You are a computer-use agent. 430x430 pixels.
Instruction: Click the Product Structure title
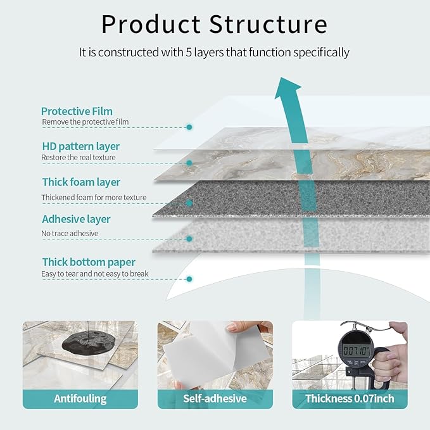[214, 24]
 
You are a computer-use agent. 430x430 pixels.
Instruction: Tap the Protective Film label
[77, 111]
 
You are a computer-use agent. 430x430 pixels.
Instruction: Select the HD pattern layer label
[80, 146]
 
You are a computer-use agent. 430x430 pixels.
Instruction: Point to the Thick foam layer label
[81, 182]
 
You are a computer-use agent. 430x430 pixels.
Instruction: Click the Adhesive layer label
[76, 219]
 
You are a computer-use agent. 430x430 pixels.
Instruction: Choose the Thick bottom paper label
[89, 262]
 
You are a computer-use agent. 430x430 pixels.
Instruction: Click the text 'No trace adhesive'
[70, 234]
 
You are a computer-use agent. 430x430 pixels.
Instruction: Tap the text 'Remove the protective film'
[85, 122]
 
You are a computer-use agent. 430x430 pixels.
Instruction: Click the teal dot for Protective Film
[189, 127]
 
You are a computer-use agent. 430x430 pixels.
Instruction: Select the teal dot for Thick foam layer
[189, 203]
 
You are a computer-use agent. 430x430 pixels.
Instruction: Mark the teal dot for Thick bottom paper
[189, 278]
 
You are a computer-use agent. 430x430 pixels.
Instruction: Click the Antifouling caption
[80, 398]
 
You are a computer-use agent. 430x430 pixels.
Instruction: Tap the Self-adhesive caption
[215, 398]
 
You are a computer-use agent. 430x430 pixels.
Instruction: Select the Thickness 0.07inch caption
[350, 398]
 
